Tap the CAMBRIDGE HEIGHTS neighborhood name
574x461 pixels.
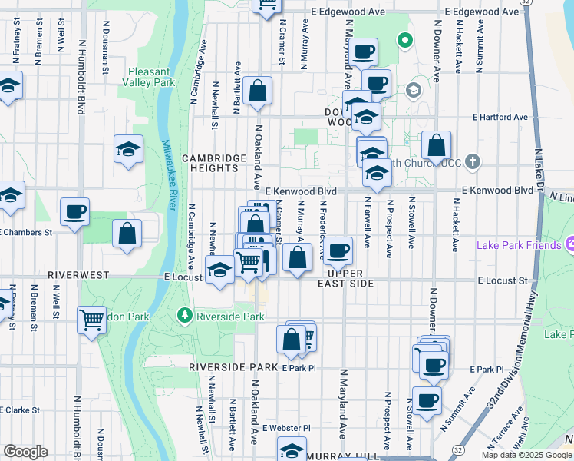[209, 163]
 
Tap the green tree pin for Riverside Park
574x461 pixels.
[184, 315]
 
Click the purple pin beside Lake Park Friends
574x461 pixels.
[569, 246]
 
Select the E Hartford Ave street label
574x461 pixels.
[500, 118]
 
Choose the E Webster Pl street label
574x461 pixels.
[285, 428]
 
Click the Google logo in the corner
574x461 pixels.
[25, 452]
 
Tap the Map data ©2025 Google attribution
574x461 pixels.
[526, 455]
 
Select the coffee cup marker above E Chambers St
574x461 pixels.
[74, 213]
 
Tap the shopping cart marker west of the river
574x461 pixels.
[92, 318]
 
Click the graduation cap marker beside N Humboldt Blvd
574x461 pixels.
[128, 149]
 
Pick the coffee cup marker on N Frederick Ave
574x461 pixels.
[337, 250]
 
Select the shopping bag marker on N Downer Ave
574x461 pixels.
[436, 146]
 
